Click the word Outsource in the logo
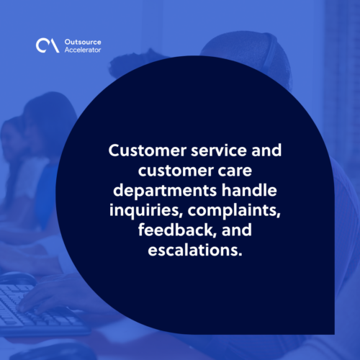tap(83, 42)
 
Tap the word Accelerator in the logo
tap(83, 50)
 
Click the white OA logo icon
tap(48, 45)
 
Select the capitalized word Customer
tap(148, 150)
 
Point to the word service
tap(219, 150)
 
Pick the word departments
tap(165, 191)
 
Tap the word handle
tap(249, 190)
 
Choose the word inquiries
tap(145, 211)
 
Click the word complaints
tap(234, 211)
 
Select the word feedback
tap(176, 230)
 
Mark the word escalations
tap(193, 250)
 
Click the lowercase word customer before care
tap(176, 171)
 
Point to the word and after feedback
tap(237, 230)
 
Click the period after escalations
tap(240, 254)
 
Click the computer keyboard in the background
tap(36, 308)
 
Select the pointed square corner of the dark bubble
tap(334, 334)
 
